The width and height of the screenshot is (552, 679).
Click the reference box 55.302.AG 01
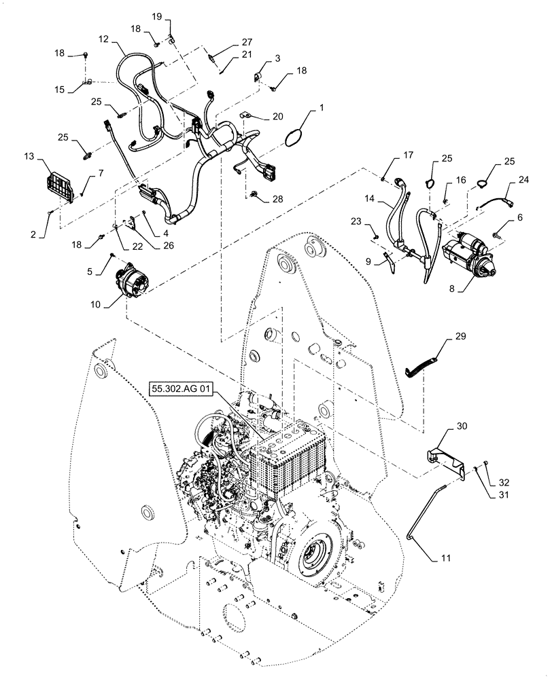tap(182, 390)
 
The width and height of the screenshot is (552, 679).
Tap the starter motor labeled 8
tap(469, 255)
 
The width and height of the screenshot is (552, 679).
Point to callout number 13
tap(48, 158)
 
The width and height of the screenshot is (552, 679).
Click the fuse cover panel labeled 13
tap(59, 186)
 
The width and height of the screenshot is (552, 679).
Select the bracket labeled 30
tap(446, 457)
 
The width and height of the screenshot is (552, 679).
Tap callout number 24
tap(523, 181)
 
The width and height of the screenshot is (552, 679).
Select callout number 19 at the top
tap(156, 16)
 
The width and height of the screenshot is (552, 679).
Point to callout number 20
tap(277, 116)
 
